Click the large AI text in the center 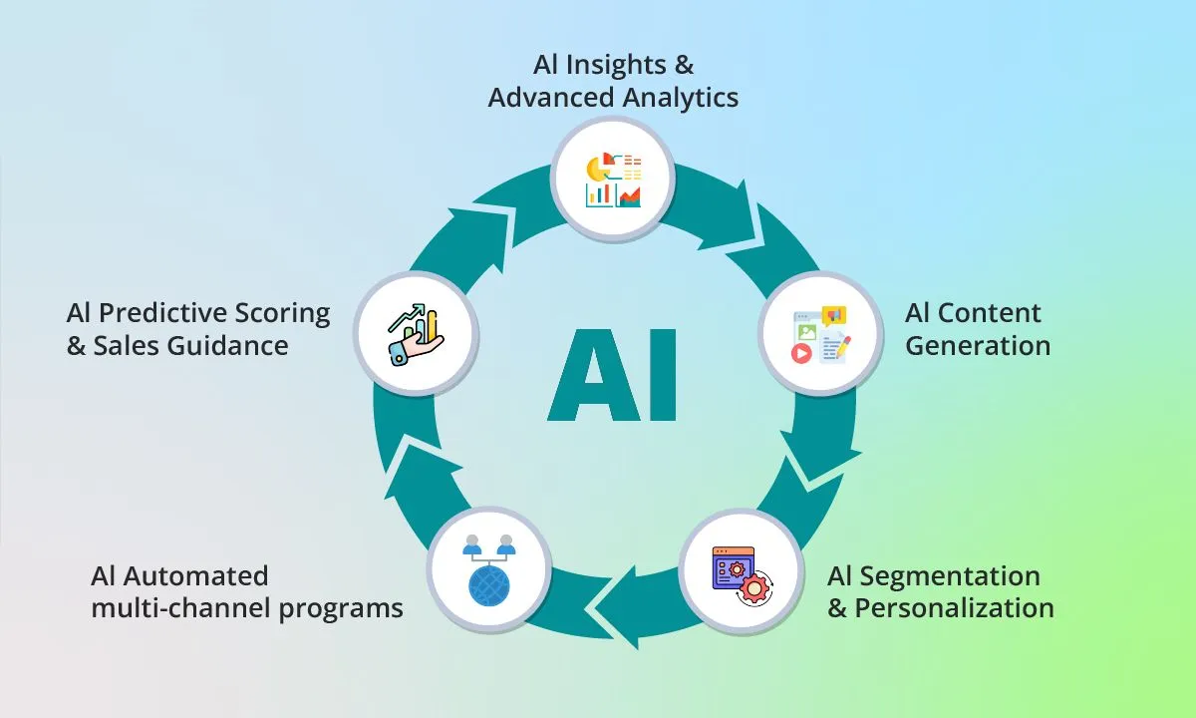point(613,375)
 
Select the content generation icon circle point(820,333)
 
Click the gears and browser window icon point(743,575)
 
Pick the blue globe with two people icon point(489,570)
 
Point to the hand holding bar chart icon point(416,334)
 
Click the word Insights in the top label point(616,65)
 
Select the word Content point(989,313)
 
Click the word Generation point(978,346)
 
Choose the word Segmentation point(950,576)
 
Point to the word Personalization point(954,608)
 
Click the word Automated point(196,576)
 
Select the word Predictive point(163,313)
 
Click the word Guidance point(228,346)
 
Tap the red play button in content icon point(801,353)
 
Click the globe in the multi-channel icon point(489,585)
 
